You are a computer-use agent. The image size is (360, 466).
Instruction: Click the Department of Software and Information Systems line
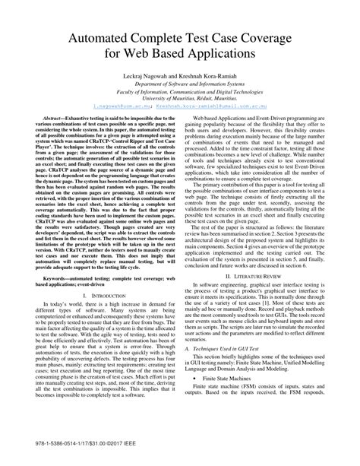[x=180, y=87]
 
